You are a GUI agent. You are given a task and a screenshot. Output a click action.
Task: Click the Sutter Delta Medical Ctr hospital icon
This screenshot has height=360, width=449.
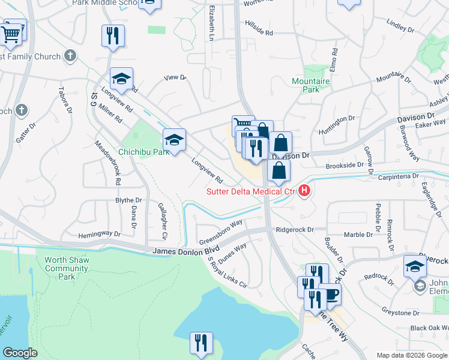click(304, 191)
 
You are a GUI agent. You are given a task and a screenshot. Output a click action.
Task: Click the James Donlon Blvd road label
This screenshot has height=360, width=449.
click(182, 253)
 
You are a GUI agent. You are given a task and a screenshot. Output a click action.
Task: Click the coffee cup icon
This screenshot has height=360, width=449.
click(330, 294)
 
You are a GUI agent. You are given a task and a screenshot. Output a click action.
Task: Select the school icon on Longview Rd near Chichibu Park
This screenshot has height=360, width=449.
click(175, 140)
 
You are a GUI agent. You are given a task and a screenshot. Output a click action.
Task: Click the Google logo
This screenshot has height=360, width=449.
click(20, 353)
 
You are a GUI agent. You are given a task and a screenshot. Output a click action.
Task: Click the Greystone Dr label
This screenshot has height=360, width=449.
click(400, 313)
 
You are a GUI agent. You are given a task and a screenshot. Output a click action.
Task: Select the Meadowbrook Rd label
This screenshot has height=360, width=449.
click(109, 162)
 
